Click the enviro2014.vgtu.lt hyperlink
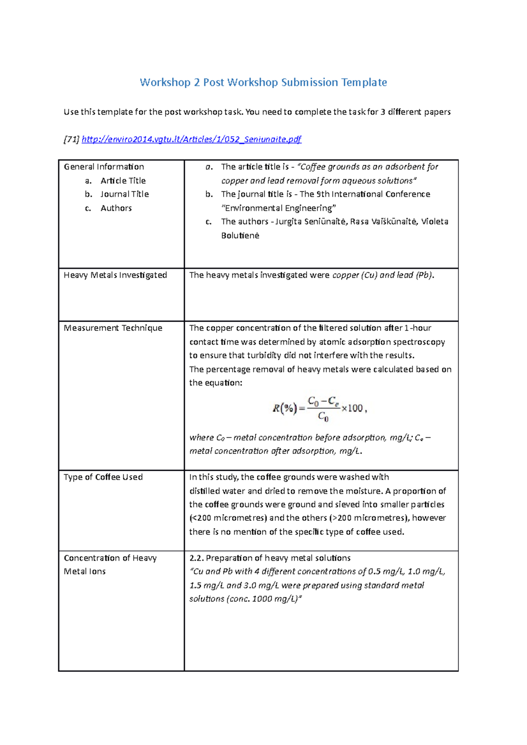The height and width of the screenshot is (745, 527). click(x=191, y=140)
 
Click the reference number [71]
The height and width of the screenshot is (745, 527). click(x=72, y=140)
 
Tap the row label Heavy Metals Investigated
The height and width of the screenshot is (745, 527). click(x=115, y=275)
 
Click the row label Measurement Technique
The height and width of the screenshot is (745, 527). click(x=113, y=328)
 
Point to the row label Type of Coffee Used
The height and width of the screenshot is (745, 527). click(x=103, y=477)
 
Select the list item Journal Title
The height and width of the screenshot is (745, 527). click(x=124, y=194)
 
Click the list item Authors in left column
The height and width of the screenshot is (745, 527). click(x=116, y=208)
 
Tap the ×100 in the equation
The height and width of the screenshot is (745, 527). click(x=352, y=408)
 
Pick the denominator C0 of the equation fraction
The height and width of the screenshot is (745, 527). click(x=323, y=417)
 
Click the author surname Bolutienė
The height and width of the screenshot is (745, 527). click(x=240, y=236)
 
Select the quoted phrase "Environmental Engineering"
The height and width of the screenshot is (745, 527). click(x=279, y=208)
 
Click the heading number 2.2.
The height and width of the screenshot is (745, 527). click(x=196, y=558)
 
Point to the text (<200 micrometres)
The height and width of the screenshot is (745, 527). click(x=228, y=518)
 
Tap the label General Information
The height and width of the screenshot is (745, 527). click(x=104, y=167)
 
